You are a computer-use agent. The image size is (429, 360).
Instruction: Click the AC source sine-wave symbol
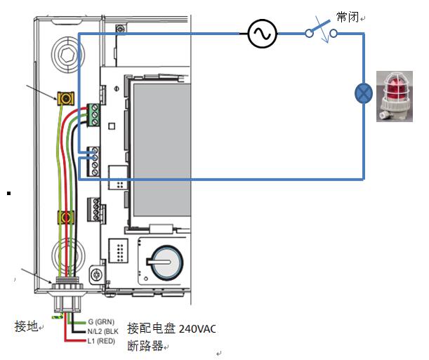(x=262, y=34)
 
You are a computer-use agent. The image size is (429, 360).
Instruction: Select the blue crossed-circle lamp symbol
(x=363, y=94)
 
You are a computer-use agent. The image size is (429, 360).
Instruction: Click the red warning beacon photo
(x=394, y=97)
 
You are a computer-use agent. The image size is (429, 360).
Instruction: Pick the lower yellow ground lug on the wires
(x=66, y=218)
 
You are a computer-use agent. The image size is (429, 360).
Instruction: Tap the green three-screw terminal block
(x=93, y=112)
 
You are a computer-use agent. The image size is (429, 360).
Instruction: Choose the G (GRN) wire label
(x=102, y=321)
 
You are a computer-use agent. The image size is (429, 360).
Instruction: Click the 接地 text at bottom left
(x=25, y=327)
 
